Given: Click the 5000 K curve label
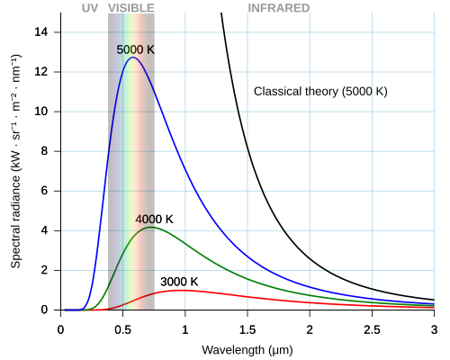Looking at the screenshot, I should click(136, 49).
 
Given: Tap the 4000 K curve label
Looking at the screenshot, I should click(154, 219).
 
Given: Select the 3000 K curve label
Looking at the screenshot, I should click(179, 282).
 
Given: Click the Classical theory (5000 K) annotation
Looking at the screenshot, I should click(320, 92).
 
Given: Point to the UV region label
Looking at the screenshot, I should click(89, 8).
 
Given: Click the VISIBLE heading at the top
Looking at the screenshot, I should click(130, 8).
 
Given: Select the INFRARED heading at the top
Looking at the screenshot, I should click(279, 8).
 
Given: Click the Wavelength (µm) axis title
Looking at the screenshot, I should click(247, 348).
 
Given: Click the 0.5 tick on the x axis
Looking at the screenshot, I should click(122, 328).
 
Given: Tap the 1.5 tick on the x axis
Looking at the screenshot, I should click(247, 328).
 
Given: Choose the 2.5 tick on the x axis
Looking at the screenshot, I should click(372, 328).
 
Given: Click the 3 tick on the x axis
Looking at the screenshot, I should click(434, 328).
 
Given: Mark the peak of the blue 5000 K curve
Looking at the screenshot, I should click(132, 58).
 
